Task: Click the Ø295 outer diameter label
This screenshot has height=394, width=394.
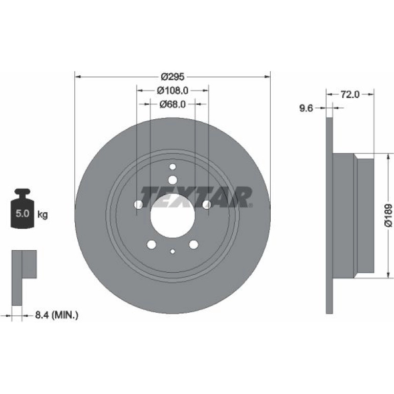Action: coord(172,76)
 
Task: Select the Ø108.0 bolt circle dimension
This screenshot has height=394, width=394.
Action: coord(172,91)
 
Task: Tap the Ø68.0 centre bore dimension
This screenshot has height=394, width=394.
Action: coord(172,104)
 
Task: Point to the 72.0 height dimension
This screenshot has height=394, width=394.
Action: coord(350,95)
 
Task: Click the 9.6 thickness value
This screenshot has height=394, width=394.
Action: coord(306,108)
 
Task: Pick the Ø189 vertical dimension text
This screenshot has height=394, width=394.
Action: coord(388,215)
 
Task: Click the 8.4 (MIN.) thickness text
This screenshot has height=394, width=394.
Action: coord(56,315)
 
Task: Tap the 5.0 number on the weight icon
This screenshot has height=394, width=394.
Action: coord(23,213)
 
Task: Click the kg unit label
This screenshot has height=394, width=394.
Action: coord(42,215)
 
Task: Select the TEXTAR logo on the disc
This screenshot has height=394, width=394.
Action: coord(196,197)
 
